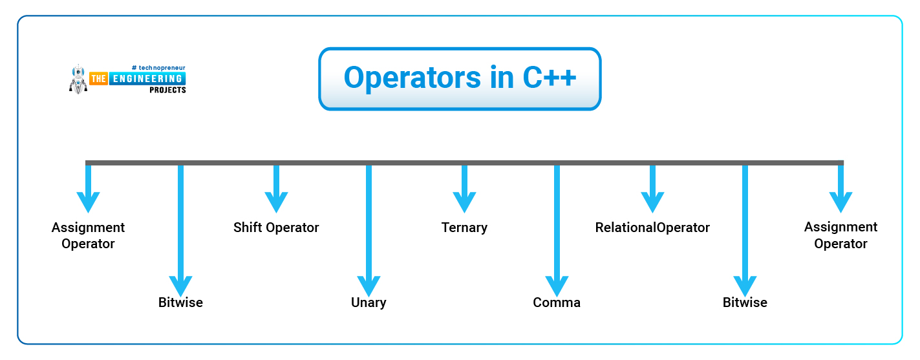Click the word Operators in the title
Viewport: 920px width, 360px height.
pos(412,78)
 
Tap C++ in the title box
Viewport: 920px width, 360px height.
pos(549,77)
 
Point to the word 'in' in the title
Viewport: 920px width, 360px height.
pos(502,77)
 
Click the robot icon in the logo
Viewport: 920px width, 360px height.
pos(78,79)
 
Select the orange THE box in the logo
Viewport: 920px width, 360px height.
pos(98,79)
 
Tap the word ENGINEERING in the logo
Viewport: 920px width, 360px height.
pos(147,79)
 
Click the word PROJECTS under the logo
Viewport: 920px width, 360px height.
pos(167,90)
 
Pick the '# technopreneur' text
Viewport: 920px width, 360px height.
pos(158,68)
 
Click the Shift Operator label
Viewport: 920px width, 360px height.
pos(276,228)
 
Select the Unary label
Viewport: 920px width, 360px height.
pos(369,302)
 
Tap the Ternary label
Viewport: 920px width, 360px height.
pos(464,228)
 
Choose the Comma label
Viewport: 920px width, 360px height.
pos(557,302)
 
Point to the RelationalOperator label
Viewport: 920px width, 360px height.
pos(652,228)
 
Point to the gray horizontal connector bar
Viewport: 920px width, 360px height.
pos(464,163)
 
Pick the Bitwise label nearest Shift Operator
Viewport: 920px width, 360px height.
pos(180,302)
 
